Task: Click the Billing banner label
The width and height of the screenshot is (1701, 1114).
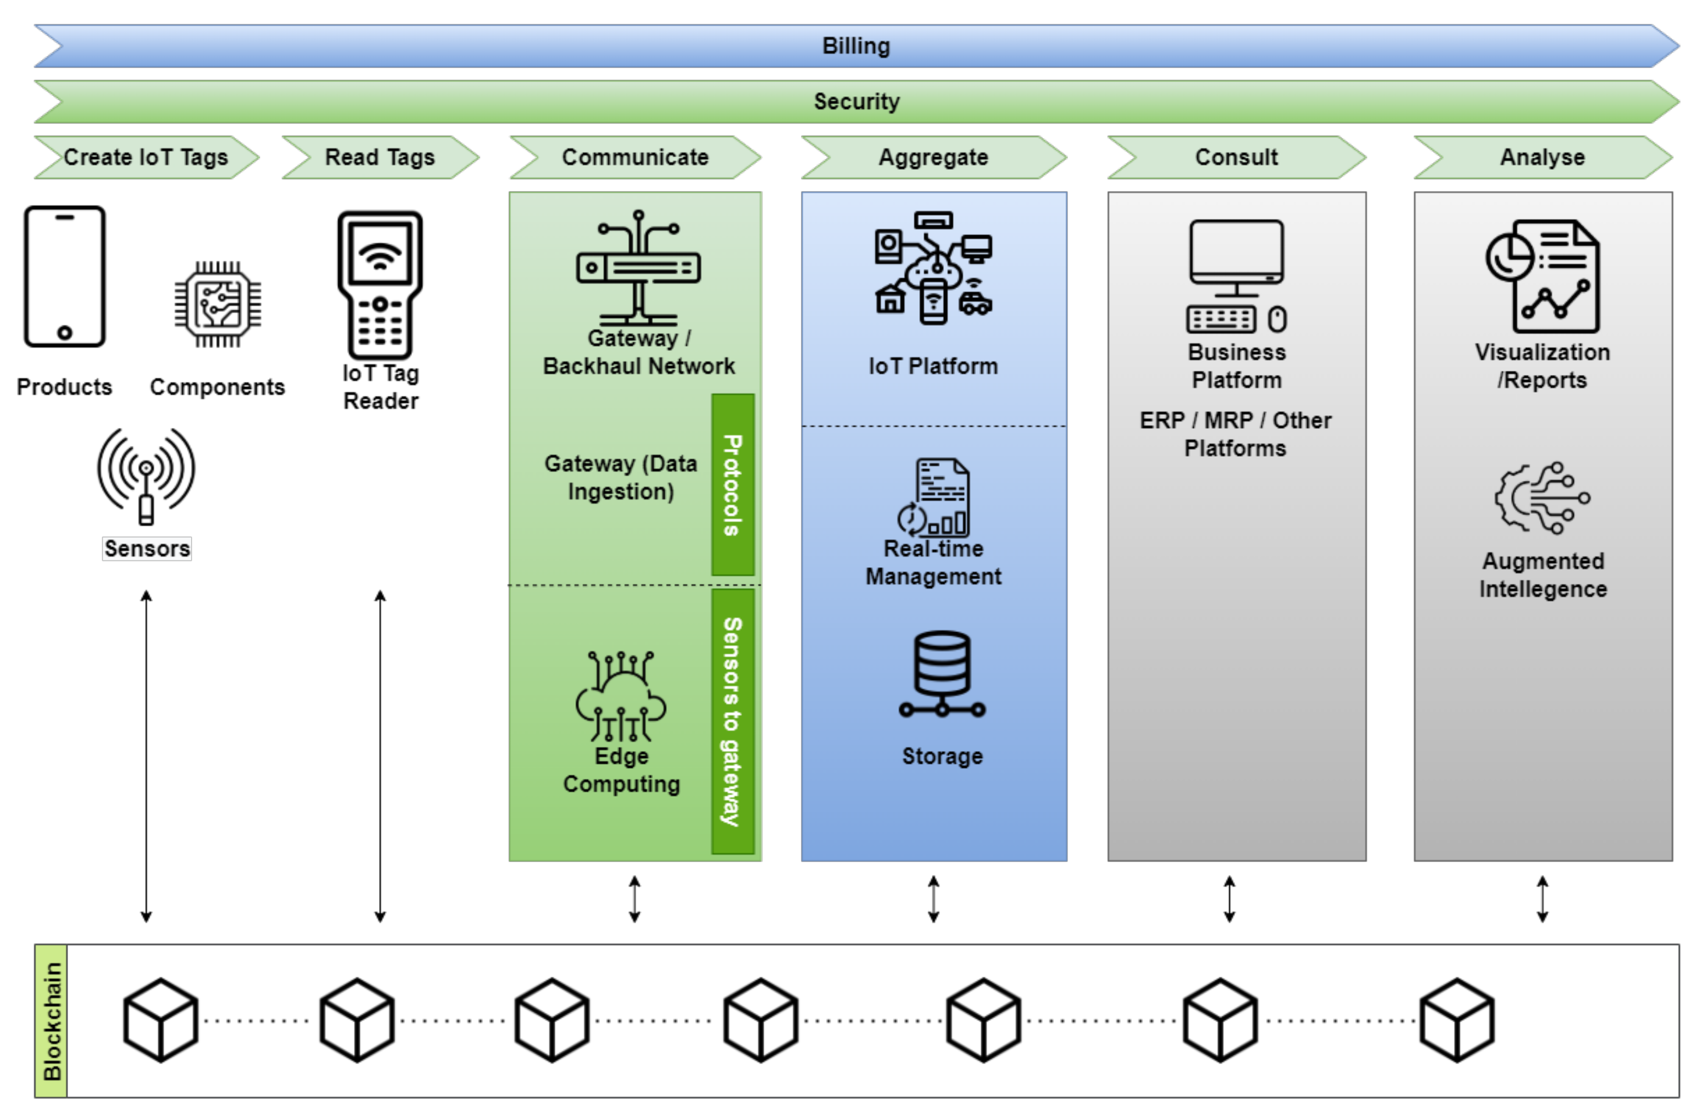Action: coord(855,46)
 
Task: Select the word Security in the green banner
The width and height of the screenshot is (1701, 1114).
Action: coord(856,102)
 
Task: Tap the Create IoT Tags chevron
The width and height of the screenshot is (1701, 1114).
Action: coord(146,157)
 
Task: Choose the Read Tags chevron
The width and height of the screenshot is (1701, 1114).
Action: coord(380,157)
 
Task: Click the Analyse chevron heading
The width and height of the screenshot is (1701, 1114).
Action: coord(1542,157)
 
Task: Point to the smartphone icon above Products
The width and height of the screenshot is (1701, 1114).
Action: coord(65,277)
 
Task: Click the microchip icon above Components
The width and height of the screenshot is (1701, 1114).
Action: coord(218,304)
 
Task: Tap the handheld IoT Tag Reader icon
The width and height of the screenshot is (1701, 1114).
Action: coord(380,284)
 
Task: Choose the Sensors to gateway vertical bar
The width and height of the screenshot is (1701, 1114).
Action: coord(732,721)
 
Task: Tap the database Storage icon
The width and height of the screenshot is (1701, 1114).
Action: coord(942,674)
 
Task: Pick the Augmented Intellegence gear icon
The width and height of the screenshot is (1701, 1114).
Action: coord(1542,499)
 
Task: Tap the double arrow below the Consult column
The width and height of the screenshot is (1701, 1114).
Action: coord(1229,899)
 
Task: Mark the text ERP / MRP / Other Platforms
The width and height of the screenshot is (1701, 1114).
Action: coord(1236,434)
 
